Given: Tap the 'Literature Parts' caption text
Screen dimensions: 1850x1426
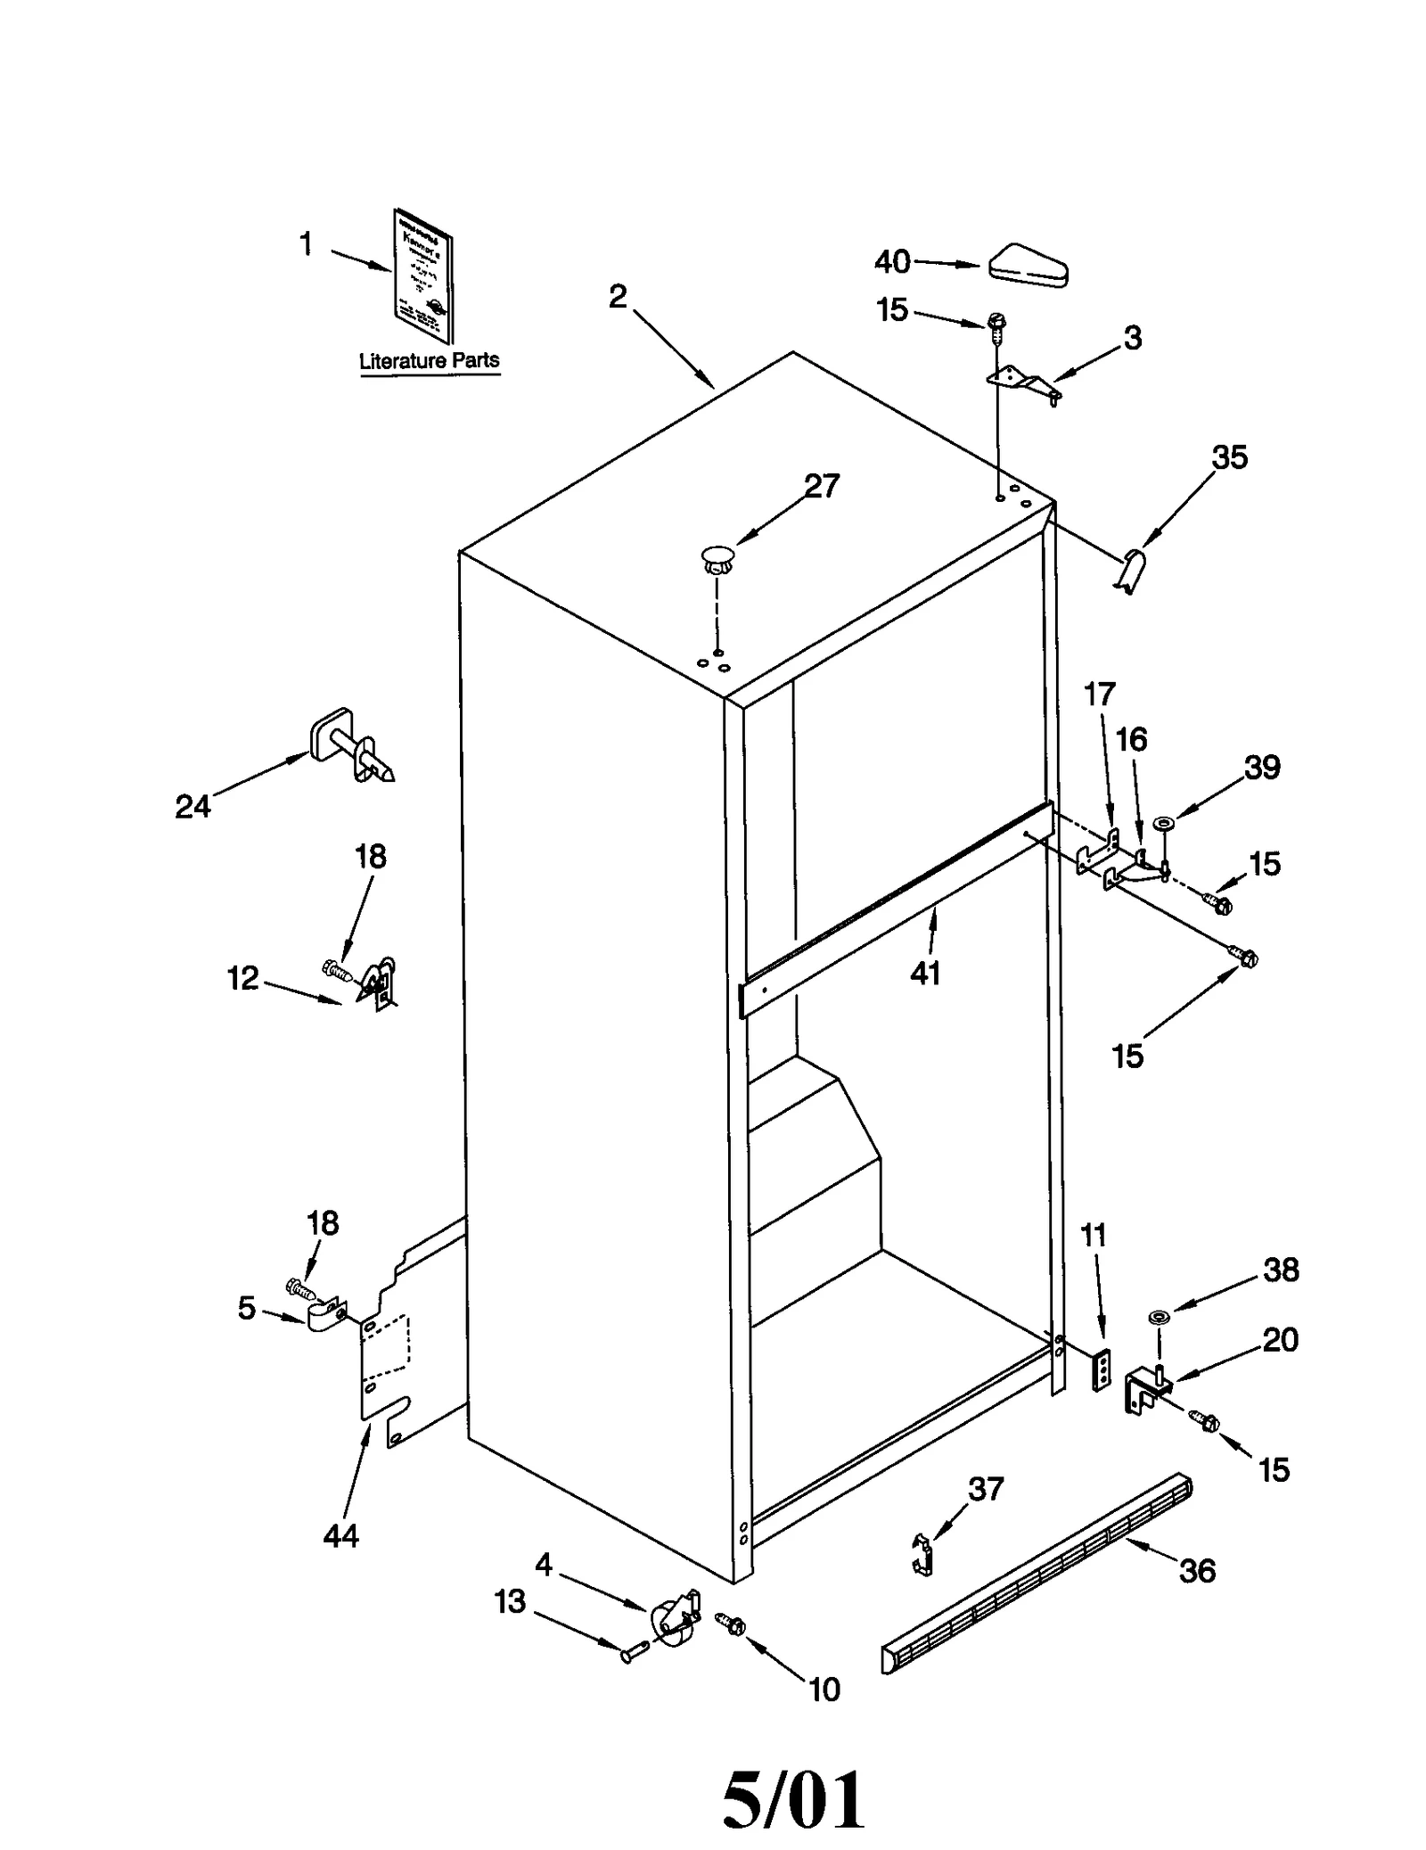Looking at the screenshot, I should click(x=429, y=361).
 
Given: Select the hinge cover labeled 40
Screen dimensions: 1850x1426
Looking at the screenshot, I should click(x=1028, y=266).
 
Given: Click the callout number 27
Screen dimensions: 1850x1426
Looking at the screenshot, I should click(x=821, y=486).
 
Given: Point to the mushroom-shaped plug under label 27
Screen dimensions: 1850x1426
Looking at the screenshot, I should click(x=717, y=560).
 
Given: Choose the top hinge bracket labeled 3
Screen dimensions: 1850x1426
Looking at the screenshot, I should click(x=1024, y=383).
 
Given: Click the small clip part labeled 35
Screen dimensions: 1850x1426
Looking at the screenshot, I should click(x=1130, y=571).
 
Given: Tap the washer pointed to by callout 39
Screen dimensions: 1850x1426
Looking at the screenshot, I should click(x=1163, y=821).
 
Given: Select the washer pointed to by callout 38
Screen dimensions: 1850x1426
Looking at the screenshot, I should click(x=1159, y=1316).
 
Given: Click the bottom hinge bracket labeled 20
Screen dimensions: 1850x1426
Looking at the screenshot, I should click(x=1144, y=1392).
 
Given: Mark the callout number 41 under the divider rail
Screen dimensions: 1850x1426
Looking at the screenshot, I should click(x=925, y=974).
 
